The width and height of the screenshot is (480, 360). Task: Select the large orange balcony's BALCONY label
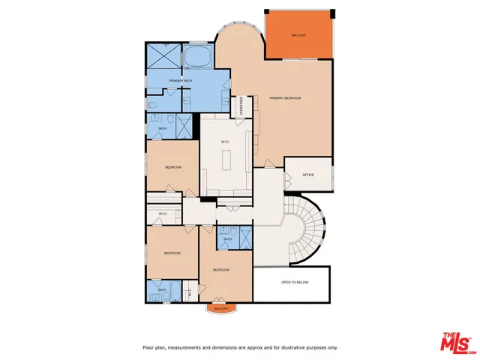tap(299, 36)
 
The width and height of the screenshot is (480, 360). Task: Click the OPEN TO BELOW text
tap(294, 283)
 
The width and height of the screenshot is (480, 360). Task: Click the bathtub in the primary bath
tap(197, 57)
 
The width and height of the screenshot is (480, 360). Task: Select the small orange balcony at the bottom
tap(220, 308)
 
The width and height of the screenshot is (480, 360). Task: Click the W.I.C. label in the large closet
tap(224, 142)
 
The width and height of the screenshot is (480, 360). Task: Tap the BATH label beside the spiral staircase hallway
tap(227, 239)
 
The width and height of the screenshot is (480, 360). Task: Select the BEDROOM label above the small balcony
tap(220, 269)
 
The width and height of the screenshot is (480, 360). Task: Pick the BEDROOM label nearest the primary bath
tap(172, 166)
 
